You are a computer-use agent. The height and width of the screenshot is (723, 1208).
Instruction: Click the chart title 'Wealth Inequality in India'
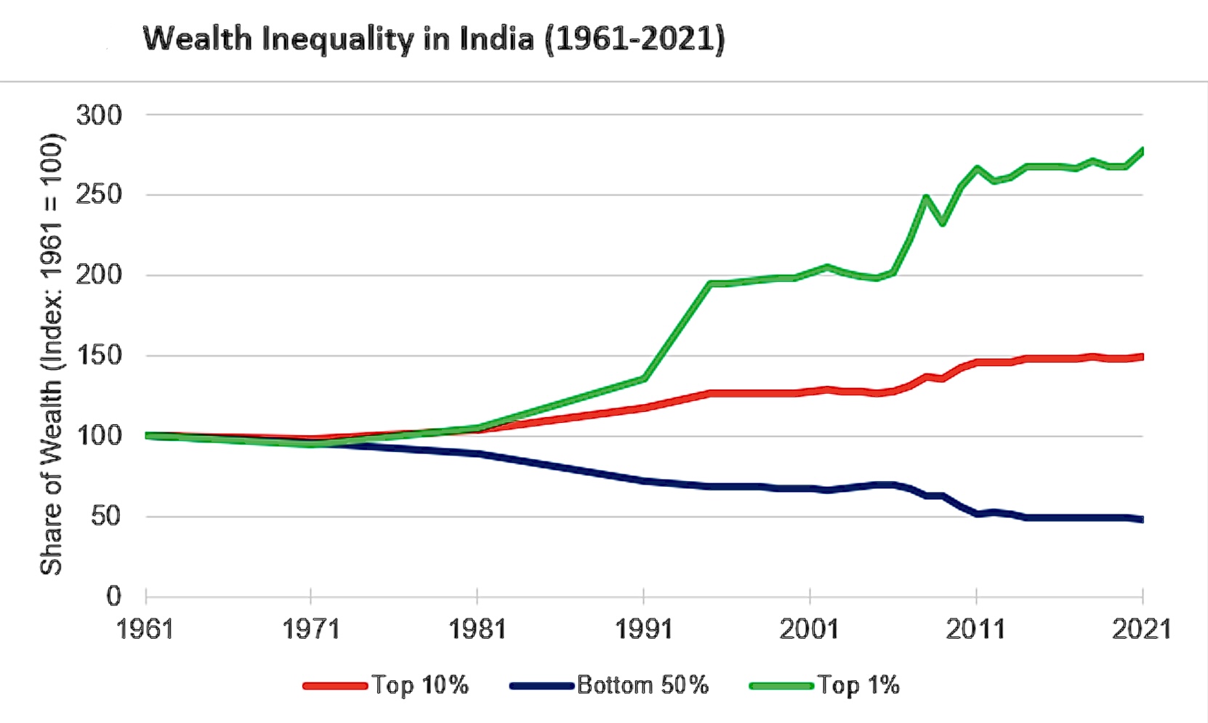click(x=433, y=39)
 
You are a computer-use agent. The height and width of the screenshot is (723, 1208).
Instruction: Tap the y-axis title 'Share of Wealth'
click(x=51, y=355)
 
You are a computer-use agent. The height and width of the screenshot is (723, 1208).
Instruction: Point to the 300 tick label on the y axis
click(x=99, y=115)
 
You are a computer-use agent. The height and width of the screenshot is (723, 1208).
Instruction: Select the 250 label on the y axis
click(x=99, y=195)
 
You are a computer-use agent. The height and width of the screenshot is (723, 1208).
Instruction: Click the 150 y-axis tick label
click(x=99, y=356)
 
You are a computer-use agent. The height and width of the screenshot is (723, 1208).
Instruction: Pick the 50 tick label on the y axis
click(x=106, y=517)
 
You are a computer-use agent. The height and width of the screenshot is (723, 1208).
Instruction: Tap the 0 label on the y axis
click(x=113, y=597)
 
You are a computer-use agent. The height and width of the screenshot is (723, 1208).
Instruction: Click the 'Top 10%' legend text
click(x=420, y=685)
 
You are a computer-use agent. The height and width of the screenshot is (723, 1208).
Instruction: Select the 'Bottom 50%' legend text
click(x=643, y=685)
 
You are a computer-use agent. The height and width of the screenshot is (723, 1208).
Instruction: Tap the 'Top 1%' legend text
click(x=858, y=685)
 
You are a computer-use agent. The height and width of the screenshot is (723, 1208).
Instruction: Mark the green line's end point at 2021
click(x=1142, y=151)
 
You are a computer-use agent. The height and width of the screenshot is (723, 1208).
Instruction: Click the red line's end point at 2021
click(x=1142, y=357)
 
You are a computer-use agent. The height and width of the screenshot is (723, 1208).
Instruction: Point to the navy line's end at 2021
click(x=1142, y=520)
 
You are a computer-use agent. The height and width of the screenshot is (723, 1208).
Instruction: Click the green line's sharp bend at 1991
click(x=644, y=379)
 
